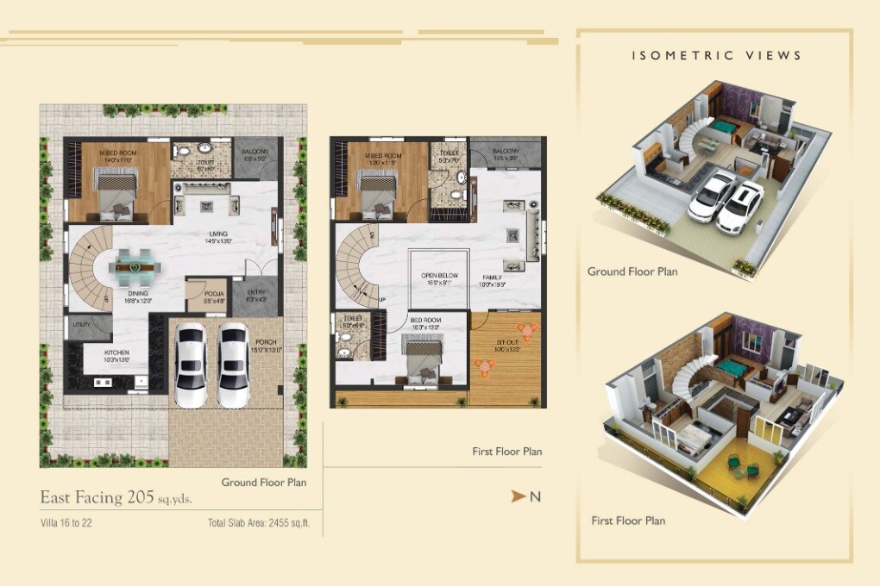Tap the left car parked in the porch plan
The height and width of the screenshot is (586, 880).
(x=192, y=365)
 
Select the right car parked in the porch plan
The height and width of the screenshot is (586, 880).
(x=233, y=365)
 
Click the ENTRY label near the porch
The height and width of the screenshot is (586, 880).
(x=256, y=296)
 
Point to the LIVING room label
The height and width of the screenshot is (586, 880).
(x=217, y=237)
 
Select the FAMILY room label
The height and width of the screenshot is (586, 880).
(x=493, y=278)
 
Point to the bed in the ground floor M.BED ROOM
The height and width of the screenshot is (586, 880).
(x=115, y=194)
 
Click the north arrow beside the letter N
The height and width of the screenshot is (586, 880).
(x=518, y=496)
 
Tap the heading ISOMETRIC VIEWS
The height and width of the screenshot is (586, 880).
(x=716, y=56)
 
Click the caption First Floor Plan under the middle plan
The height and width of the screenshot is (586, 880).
(x=506, y=452)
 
